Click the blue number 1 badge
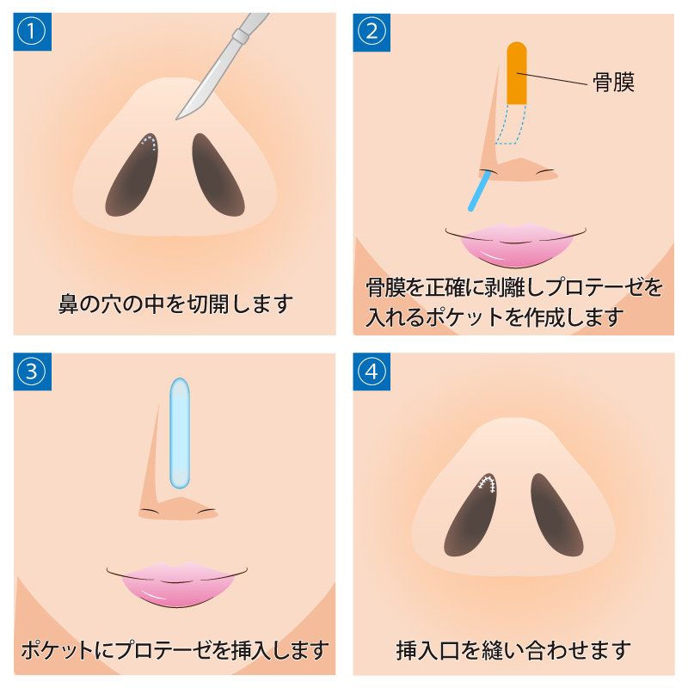coord(32,32)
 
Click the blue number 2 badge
coord(372,32)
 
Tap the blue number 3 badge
coord(32,372)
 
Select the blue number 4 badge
coord(372,372)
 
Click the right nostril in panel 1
coord(218,175)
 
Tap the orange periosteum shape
coord(517,73)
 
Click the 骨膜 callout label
coord(613,82)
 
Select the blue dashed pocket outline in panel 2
coord(511,124)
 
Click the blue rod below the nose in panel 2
coord(479,191)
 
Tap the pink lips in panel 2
coord(515,244)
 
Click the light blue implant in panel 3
coord(180,433)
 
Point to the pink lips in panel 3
coord(177,585)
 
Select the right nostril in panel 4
coord(556,514)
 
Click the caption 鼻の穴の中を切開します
coord(175,304)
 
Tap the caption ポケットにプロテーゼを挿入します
coord(175,650)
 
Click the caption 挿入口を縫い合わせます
coord(513,650)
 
